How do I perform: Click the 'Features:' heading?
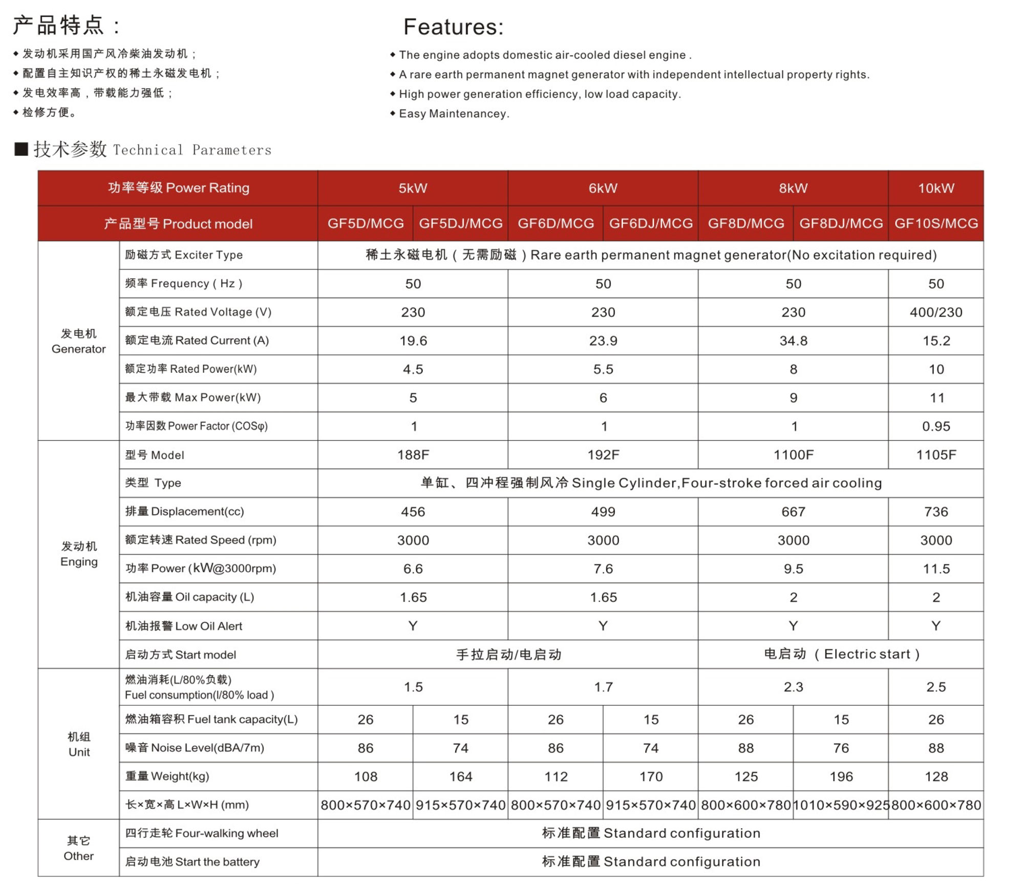point(453,27)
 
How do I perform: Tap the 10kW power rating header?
point(935,188)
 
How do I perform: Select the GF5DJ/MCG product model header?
point(460,223)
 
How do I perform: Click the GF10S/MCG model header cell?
point(935,223)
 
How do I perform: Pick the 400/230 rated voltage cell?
point(935,312)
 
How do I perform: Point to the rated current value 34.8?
point(793,341)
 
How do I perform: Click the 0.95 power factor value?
point(935,426)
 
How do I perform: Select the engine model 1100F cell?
point(793,455)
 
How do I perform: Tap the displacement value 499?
point(603,512)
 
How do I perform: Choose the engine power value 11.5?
point(935,569)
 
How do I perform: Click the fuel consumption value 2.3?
point(793,687)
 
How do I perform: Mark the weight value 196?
point(841,776)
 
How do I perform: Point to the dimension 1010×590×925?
point(841,805)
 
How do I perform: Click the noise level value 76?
point(841,748)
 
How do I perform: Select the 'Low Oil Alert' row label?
point(184,626)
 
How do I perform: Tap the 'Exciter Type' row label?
point(184,255)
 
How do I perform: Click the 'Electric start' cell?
point(841,654)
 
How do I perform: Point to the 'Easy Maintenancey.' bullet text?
point(454,114)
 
